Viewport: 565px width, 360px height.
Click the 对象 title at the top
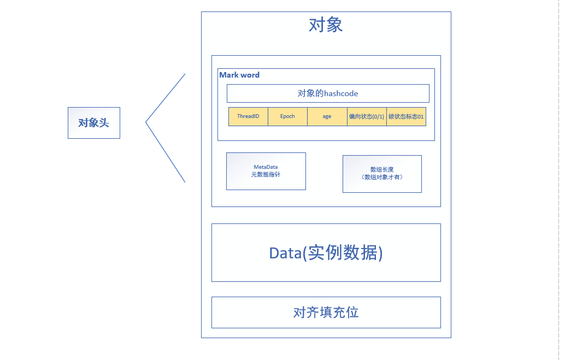[326, 25]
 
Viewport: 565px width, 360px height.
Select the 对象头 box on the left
[94, 123]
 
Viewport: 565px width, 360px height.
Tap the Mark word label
[239, 75]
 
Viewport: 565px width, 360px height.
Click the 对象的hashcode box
[328, 93]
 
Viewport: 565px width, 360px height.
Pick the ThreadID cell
[248, 116]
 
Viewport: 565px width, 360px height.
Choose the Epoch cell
[287, 116]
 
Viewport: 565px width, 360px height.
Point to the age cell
[327, 116]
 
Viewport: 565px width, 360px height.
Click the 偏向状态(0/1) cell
[367, 116]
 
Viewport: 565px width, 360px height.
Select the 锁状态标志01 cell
[406, 116]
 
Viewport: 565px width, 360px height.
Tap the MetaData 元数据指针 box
[266, 171]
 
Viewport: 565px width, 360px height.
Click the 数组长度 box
[382, 174]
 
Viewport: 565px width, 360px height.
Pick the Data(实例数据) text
[326, 252]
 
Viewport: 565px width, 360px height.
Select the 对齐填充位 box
[326, 312]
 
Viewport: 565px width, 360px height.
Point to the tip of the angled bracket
[145, 122]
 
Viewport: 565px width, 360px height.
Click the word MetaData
[266, 167]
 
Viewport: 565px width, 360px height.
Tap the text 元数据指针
[266, 174]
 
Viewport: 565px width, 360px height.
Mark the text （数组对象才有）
[382, 177]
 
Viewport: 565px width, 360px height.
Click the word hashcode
[341, 93]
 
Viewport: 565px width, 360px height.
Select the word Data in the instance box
[285, 253]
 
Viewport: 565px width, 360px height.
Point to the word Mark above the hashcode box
[229, 75]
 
